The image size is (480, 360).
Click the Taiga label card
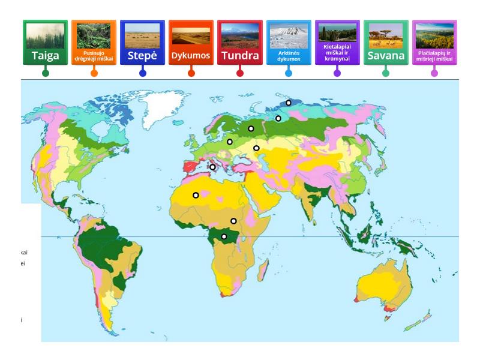[45, 43]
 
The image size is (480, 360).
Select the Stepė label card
[142, 43]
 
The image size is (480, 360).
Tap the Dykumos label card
[191, 43]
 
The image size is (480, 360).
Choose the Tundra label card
[239, 43]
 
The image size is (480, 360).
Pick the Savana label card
[386, 43]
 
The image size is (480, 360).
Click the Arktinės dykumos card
[289, 43]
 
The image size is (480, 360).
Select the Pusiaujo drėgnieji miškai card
[94, 43]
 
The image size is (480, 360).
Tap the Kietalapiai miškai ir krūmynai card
[337, 43]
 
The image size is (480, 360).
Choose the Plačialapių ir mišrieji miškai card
[434, 43]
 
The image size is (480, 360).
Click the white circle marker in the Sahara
[196, 195]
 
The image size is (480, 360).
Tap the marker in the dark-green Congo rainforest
[224, 236]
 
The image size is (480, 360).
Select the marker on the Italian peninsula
[212, 167]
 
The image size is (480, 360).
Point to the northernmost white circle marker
[289, 103]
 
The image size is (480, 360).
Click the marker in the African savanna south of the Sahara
[233, 221]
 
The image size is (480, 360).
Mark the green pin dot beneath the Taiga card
[45, 73]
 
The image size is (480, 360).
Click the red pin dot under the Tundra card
[240, 73]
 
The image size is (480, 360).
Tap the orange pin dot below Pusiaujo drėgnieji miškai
[94, 73]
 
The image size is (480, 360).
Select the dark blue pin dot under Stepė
[142, 73]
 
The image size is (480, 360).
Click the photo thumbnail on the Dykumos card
[191, 35]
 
